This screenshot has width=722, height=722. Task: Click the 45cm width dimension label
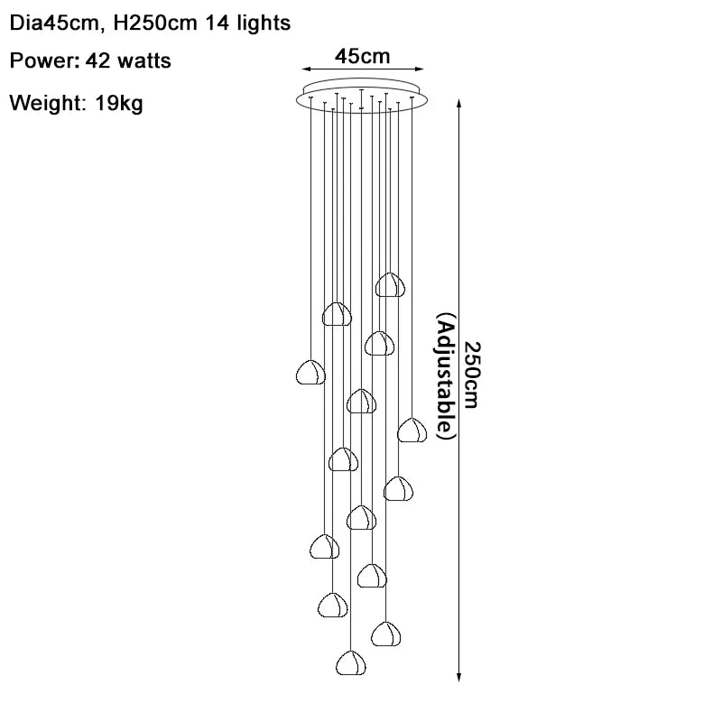click(x=362, y=57)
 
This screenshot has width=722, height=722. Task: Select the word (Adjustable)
click(x=447, y=376)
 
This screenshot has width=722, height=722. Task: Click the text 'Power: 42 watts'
click(x=90, y=61)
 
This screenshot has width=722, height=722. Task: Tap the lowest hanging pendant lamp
click(x=351, y=662)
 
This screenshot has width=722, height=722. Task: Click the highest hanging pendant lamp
click(x=391, y=284)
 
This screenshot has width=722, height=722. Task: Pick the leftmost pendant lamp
click(x=310, y=371)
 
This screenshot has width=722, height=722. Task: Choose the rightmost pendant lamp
click(x=412, y=430)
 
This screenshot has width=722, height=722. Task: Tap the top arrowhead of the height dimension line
click(x=460, y=104)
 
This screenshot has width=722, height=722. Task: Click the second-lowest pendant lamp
click(x=385, y=633)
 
